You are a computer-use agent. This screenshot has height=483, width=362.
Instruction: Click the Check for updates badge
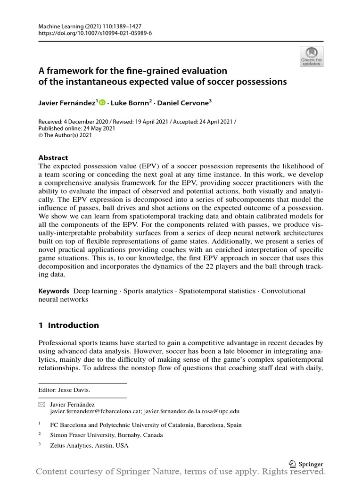click(312, 56)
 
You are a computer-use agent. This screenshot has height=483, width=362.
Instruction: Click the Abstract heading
click(53, 158)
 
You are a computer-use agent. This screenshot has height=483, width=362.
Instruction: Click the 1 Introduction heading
click(69, 325)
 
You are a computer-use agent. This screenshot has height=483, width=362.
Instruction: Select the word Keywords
click(54, 291)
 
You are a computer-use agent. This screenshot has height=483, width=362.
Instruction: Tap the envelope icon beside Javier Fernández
click(41, 405)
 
